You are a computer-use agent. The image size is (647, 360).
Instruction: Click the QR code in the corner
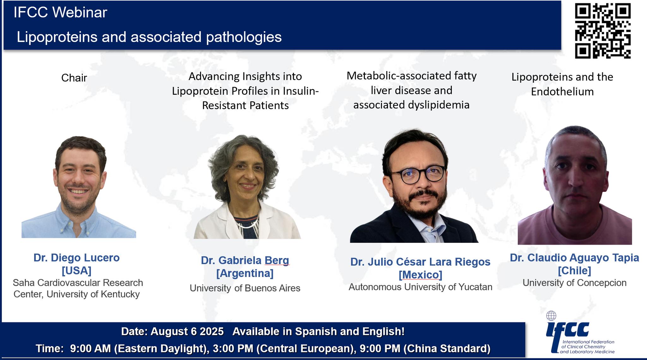point(603,31)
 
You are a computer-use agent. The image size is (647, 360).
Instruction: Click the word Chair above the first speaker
point(74,78)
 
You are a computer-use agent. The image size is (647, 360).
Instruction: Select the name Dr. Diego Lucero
point(76,258)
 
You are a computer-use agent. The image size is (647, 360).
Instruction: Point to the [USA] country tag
point(76,271)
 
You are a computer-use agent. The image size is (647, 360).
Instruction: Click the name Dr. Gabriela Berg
point(245,260)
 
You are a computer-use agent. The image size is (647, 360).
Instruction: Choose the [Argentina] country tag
point(245,273)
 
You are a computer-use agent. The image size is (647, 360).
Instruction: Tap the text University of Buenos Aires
point(245,288)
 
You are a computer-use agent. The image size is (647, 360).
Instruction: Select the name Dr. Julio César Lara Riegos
point(420,262)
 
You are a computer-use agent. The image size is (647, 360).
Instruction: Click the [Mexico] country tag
point(420,275)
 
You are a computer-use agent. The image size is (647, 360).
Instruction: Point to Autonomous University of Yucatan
point(420,287)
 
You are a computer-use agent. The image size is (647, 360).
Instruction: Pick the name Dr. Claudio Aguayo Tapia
point(574,258)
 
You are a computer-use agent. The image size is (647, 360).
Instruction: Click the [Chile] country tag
point(574,271)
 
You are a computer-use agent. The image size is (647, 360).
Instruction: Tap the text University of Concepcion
point(574,283)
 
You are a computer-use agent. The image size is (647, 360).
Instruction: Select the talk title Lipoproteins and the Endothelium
point(562,84)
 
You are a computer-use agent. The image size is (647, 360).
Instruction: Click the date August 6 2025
point(187,332)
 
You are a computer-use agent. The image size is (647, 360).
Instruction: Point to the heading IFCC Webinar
point(60,12)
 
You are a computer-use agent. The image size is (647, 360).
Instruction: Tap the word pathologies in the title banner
point(244,37)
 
